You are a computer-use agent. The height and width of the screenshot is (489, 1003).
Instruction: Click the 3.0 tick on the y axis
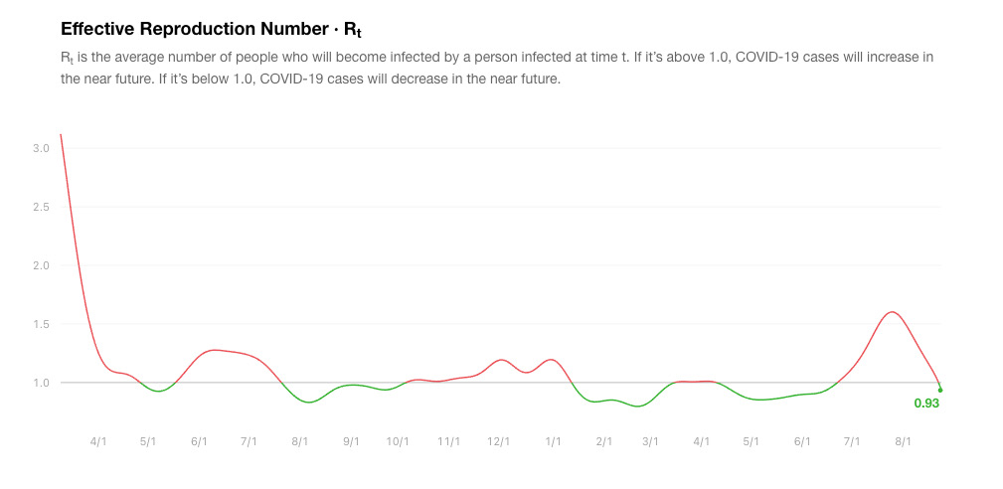coord(40,148)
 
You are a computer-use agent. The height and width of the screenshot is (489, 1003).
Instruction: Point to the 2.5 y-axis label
coord(40,207)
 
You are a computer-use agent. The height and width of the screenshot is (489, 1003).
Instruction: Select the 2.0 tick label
coord(40,265)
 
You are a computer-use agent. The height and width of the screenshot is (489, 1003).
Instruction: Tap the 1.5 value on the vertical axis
coord(40,324)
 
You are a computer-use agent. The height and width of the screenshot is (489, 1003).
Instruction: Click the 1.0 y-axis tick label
coord(40,383)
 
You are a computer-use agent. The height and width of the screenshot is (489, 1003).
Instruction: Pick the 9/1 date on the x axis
coord(351,440)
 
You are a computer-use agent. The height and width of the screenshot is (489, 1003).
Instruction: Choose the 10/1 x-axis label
coord(398,440)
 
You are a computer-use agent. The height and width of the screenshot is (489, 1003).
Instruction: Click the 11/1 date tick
coord(449,440)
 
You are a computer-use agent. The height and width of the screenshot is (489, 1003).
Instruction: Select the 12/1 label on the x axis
coord(499,440)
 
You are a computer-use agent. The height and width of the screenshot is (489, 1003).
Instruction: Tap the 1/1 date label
coord(553,440)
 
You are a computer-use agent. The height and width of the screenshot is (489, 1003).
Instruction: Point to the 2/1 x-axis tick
coord(602,440)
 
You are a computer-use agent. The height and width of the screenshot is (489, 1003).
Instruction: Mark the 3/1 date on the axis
coord(650,440)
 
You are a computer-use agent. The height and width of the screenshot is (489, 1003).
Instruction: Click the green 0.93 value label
coord(926,404)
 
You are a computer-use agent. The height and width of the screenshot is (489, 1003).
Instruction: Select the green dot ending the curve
coord(940,390)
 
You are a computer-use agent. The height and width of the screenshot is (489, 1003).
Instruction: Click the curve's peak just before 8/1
coord(892,312)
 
